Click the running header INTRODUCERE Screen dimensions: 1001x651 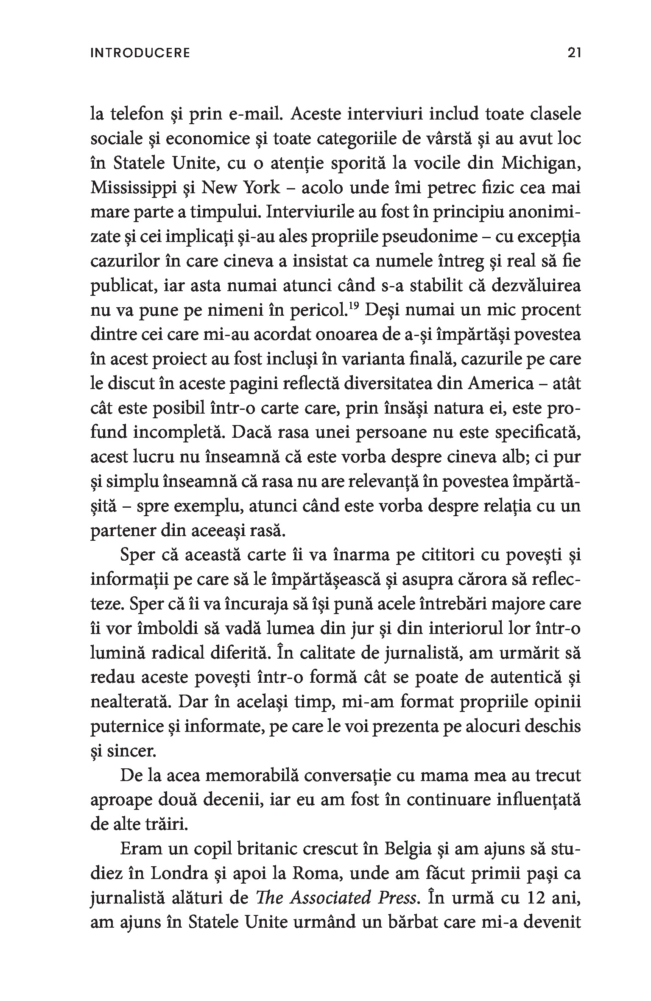tap(140, 53)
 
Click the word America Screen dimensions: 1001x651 tap(501, 384)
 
